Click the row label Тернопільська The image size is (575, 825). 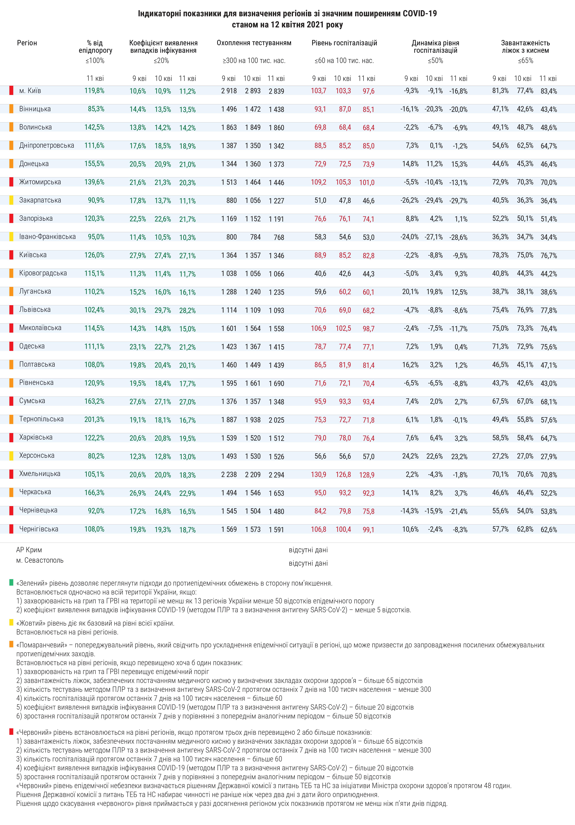[41, 419]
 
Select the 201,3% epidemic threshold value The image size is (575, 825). [94, 419]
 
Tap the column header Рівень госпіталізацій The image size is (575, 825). [344, 43]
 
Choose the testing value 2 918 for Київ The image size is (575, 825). [229, 91]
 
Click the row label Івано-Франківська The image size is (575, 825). [47, 237]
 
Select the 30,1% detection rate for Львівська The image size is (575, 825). [138, 310]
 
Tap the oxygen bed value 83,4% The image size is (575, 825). [548, 91]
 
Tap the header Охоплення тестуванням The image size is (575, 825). [254, 43]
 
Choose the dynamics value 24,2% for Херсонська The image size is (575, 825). [410, 456]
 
